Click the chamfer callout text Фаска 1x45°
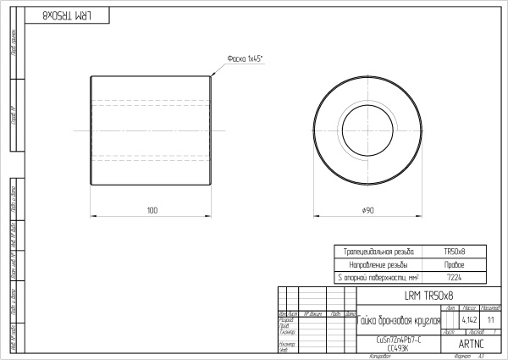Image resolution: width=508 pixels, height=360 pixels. pos(245,59)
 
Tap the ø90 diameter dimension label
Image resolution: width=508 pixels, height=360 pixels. pos(367,208)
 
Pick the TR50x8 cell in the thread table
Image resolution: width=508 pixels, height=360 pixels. pos(455,252)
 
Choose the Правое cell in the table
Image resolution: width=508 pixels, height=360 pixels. pos(455,264)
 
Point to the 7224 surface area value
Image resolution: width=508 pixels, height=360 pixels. pos(455,278)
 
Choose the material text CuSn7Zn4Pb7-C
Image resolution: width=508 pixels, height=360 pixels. pos(398,340)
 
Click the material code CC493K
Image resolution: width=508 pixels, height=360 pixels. pos(398,347)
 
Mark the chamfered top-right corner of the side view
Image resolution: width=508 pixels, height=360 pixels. pos(210,76)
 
